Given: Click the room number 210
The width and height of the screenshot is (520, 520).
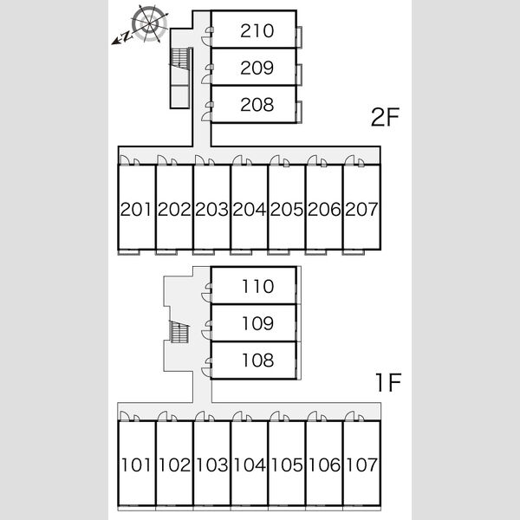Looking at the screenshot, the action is point(257,31).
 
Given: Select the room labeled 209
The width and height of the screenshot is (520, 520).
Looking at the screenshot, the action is point(257,68).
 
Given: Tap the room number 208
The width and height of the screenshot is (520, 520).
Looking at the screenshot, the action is point(257,105).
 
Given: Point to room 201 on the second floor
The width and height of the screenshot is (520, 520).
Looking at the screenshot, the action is point(136,209).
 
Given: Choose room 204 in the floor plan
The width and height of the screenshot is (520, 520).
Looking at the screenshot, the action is point(249,209).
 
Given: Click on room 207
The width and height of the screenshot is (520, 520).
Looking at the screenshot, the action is point(361,209).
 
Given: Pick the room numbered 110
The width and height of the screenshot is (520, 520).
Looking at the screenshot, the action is point(258,286).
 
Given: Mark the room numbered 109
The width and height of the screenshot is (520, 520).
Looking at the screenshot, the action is point(258,323).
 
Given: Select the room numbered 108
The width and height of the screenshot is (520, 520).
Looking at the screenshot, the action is point(258,361).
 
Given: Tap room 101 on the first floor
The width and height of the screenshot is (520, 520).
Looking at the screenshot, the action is point(136,465).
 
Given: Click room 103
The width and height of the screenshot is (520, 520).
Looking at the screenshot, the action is point(212,465).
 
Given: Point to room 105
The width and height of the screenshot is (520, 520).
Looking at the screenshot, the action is point(287,465).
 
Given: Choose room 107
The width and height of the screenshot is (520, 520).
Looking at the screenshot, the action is point(361,465).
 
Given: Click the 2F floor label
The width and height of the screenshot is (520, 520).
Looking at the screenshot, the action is point(385,117).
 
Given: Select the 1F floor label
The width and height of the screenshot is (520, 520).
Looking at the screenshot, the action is point(388,382).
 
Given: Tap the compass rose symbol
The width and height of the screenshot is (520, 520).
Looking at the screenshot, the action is point(150,24).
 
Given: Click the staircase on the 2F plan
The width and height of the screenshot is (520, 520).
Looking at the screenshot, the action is point(181,59).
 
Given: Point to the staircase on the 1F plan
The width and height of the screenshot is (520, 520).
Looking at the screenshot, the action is point(179,332).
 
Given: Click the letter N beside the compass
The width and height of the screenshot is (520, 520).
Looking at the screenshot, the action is point(126,36).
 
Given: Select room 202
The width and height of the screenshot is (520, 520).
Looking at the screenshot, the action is point(174,209).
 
